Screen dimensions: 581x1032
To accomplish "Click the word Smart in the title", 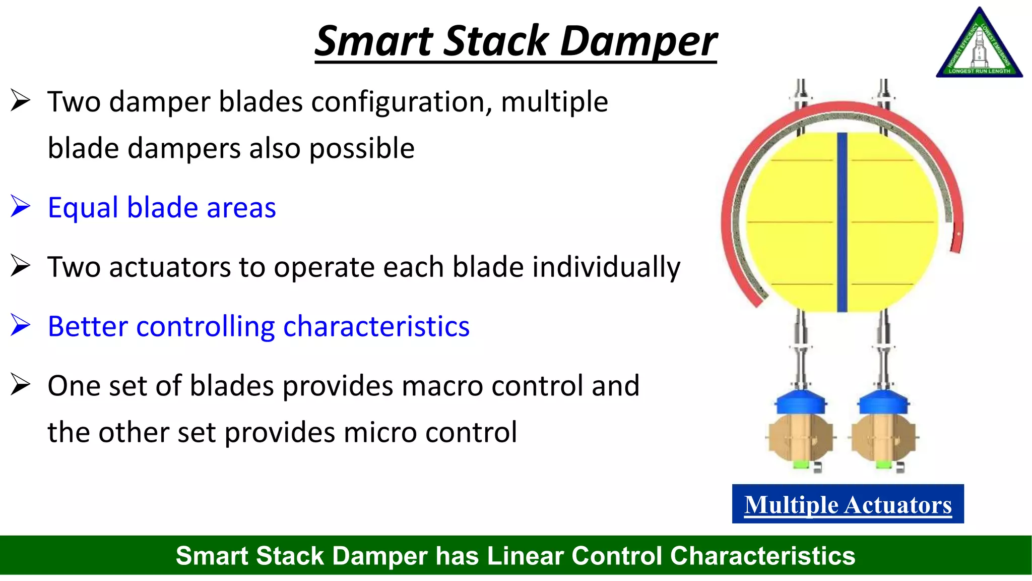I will [374, 41].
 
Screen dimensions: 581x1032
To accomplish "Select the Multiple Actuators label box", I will [848, 504].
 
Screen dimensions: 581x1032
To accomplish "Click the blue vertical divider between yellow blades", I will [842, 222].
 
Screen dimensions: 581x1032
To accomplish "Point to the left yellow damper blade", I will [791, 222].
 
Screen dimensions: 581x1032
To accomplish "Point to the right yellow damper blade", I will [892, 222].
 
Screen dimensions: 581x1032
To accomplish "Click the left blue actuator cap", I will [801, 402].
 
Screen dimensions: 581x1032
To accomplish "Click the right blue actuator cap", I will [883, 402].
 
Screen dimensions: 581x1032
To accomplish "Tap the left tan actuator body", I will [801, 438].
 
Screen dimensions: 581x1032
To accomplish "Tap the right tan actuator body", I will [883, 438].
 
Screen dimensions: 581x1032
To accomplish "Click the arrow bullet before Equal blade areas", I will [20, 207].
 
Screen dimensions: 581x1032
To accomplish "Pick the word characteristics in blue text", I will [376, 326].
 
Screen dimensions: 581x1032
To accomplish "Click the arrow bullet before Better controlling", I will [20, 325].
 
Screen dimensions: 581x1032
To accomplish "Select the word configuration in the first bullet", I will [401, 102].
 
